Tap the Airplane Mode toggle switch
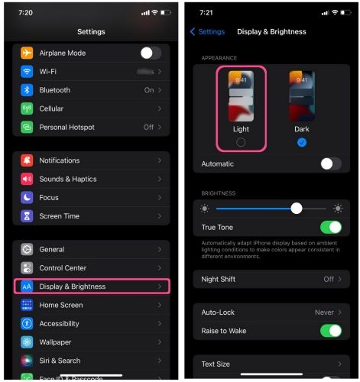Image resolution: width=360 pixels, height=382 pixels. coord(151,53)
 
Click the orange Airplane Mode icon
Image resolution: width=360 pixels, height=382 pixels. coord(27,53)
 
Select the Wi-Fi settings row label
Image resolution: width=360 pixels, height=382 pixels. coord(48,71)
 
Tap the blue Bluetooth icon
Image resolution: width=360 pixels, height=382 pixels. coord(27,90)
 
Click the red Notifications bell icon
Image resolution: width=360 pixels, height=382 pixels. coord(27,160)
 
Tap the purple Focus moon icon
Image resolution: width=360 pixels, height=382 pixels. coord(27,197)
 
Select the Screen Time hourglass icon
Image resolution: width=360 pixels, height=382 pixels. coord(27,216)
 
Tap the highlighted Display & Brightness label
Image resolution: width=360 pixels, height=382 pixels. coord(73,286)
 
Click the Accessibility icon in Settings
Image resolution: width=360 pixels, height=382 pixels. coord(27,324)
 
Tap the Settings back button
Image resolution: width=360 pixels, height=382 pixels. coord(207,31)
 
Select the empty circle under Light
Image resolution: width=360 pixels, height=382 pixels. coord(241,142)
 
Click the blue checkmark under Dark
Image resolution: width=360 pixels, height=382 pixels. coord(302,142)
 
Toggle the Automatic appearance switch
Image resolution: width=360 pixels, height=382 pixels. coord(330,163)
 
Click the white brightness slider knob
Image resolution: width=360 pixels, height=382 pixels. coord(297,208)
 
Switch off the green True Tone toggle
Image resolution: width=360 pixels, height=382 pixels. coord(330,227)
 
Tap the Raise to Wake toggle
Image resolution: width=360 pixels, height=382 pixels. coord(330,331)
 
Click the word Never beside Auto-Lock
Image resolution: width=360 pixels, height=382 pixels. coord(324,312)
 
